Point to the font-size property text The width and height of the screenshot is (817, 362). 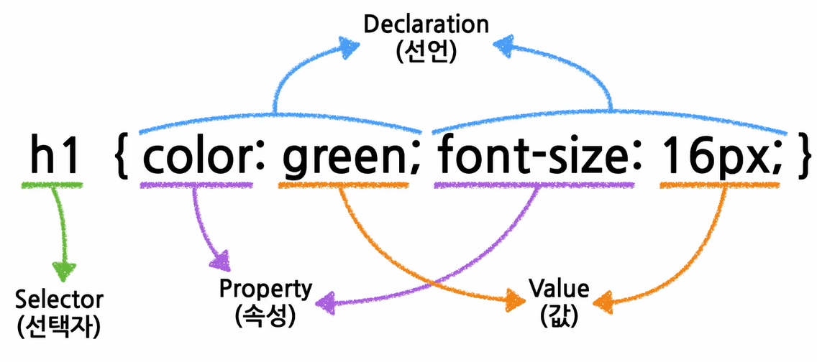pos(533,158)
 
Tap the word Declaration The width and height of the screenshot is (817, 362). pos(426,24)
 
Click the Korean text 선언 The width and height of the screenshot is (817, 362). pos(426,52)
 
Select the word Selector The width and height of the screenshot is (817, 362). pos(59,300)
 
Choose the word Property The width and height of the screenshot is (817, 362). pos(265,289)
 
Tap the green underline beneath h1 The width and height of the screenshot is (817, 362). pos(53,186)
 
